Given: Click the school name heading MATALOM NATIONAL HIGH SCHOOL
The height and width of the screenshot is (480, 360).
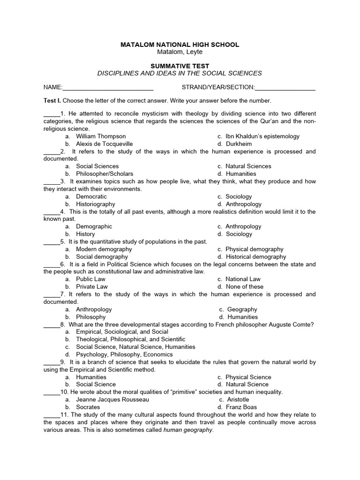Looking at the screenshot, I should pos(180,45).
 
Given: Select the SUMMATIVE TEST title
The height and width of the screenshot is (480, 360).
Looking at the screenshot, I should pos(180,66).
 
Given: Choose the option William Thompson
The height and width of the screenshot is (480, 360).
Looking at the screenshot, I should pos(101,136).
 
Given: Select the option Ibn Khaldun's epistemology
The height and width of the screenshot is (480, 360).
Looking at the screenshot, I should pos(262,136).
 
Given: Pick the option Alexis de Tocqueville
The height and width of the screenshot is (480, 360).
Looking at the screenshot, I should pos(104,144).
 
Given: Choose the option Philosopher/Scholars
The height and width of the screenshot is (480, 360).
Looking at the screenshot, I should pos(105,173).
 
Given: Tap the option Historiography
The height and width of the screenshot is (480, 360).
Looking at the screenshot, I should pos(96,204).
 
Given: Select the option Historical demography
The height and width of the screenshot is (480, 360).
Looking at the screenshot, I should pos(255,256).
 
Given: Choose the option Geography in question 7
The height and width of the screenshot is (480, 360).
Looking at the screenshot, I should pos(242,309).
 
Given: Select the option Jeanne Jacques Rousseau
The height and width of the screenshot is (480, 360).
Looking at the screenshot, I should pos(112,399).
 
